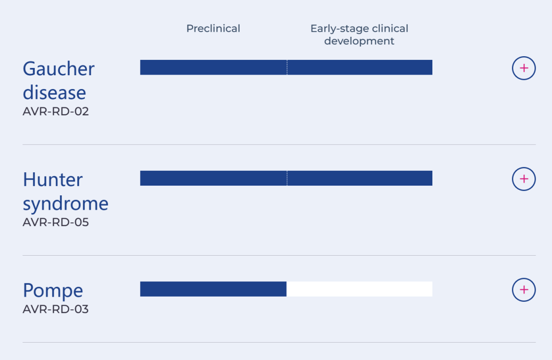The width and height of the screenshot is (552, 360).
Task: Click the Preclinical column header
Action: (x=213, y=29)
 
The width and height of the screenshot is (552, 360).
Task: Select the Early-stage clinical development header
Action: (x=359, y=35)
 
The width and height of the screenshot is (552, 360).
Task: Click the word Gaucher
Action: (x=58, y=69)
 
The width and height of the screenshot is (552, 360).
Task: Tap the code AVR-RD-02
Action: (x=56, y=111)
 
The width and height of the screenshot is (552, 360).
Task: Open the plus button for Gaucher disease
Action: (x=524, y=68)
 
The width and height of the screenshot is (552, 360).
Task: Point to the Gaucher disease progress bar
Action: (x=286, y=67)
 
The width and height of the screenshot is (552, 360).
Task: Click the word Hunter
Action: (x=53, y=179)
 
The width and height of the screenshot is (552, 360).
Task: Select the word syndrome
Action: (x=65, y=204)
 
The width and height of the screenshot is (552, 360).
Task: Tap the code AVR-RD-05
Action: (x=56, y=222)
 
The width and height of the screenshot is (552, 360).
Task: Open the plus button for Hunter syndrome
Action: (x=524, y=179)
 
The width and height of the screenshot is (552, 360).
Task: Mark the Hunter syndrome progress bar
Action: (x=286, y=178)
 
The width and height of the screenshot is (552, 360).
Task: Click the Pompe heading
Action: (x=53, y=290)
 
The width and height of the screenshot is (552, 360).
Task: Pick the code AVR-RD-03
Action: (x=56, y=309)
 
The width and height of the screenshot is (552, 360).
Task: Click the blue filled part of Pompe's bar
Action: (x=213, y=289)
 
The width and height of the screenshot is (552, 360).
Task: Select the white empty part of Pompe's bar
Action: (x=359, y=289)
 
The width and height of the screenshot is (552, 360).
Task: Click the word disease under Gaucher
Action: (x=54, y=93)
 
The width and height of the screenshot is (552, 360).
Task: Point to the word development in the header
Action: (x=359, y=41)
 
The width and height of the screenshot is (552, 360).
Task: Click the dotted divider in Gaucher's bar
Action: (x=287, y=67)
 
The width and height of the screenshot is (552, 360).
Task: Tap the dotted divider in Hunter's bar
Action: (x=287, y=178)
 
